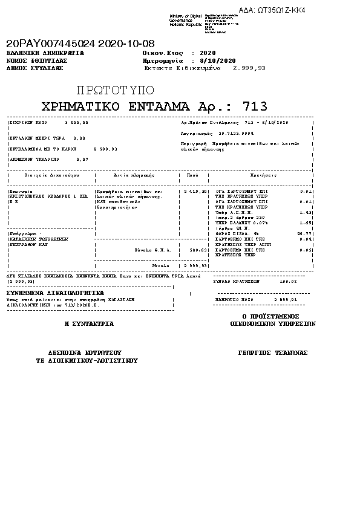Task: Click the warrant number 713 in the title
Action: pos(255,107)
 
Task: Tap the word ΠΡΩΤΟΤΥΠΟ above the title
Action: pos(115,91)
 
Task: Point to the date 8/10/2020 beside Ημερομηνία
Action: pos(217,61)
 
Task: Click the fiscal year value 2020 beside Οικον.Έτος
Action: pos(208,53)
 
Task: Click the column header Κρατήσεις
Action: pos(264,175)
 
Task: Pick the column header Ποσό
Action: pos(192,175)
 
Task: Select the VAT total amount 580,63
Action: pos(199,249)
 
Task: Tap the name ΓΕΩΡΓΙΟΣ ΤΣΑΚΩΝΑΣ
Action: pos(273,352)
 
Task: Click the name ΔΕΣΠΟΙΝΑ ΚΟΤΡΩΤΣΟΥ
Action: pos(85,352)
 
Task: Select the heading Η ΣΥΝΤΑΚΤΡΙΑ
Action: pos(89,324)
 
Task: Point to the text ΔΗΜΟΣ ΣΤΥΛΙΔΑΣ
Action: pos(34,68)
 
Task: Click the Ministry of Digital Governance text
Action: pos(185,18)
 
